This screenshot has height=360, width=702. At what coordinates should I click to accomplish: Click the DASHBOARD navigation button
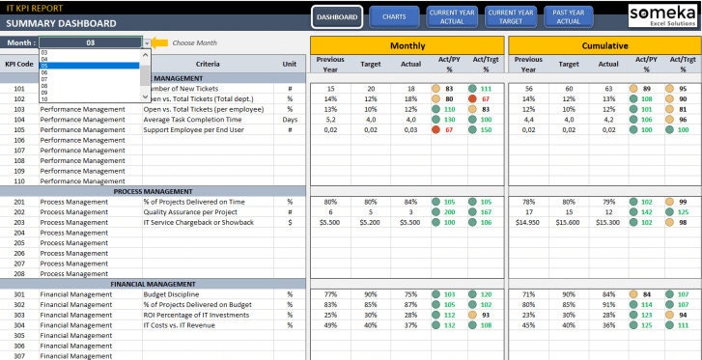(338, 17)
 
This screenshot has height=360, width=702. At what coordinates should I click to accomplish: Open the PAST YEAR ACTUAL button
(569, 17)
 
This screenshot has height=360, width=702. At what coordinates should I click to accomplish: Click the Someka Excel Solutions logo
(661, 16)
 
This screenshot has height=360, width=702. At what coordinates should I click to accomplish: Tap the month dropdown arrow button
(147, 43)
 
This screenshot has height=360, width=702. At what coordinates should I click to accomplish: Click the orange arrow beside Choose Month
(160, 43)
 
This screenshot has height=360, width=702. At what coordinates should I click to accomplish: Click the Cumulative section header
(604, 45)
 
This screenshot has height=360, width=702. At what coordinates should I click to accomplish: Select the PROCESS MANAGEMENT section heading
(154, 191)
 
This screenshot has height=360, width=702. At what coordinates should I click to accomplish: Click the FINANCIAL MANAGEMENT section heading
(154, 284)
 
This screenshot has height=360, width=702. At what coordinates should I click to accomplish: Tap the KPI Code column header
(19, 64)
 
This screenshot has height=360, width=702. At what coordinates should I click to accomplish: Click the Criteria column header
(208, 64)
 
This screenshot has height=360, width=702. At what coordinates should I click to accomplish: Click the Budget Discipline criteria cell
(173, 294)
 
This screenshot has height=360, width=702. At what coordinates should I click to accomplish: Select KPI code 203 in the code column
(19, 222)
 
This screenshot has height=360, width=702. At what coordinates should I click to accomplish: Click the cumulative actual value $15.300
(607, 222)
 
